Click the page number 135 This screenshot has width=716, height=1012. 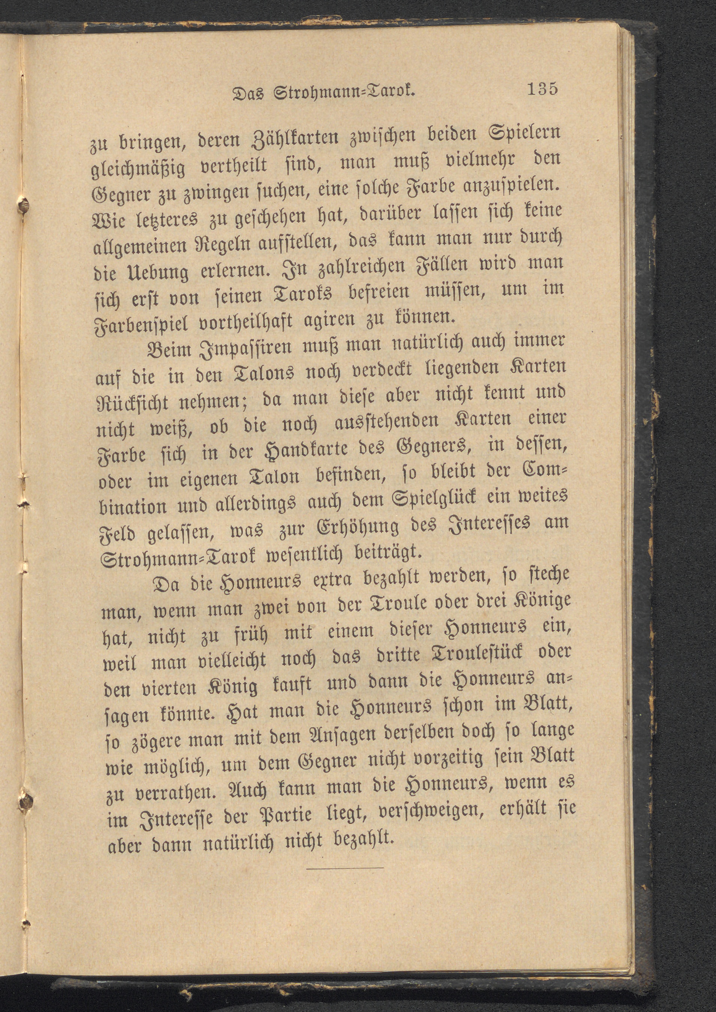click(x=542, y=89)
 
